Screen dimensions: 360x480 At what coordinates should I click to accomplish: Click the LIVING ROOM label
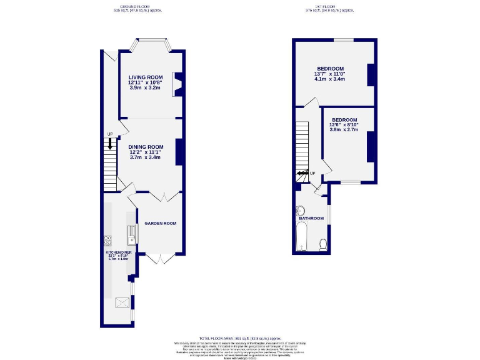coord(145,77)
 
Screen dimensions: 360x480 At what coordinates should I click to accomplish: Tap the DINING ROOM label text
coord(145,147)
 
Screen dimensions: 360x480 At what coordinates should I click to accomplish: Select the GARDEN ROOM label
coord(161,223)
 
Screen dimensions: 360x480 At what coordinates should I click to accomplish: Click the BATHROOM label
coord(312,218)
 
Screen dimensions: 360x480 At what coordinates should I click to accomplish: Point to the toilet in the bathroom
coord(323,244)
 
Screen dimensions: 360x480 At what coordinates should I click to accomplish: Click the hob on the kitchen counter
coord(107,239)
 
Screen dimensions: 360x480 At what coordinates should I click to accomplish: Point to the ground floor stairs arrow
coord(110,144)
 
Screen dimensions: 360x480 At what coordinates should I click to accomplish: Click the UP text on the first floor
coord(312,173)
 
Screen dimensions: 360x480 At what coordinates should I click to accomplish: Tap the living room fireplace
coord(177,84)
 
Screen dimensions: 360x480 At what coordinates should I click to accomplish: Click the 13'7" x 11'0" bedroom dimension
coord(331,74)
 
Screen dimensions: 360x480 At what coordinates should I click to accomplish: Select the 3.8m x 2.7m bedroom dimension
coord(344,130)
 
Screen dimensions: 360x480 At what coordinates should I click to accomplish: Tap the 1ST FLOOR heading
coord(329,6)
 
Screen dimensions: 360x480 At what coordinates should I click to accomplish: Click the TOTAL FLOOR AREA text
coord(240,337)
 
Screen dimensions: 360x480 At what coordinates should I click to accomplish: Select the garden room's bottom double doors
coord(161,257)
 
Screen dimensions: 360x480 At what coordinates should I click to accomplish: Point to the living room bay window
coord(151,42)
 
